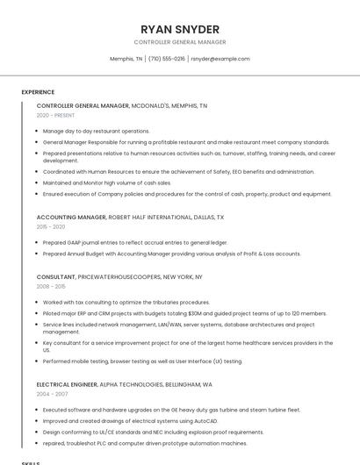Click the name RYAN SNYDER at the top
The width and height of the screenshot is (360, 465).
click(x=180, y=29)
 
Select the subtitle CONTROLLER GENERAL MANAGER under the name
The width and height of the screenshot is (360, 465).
click(x=180, y=42)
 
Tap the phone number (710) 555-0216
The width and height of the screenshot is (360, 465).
click(x=167, y=59)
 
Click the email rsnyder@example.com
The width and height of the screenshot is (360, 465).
click(x=220, y=59)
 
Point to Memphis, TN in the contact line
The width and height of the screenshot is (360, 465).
click(x=126, y=59)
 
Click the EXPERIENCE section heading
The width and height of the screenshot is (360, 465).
click(x=38, y=92)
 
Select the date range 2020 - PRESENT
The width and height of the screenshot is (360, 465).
click(x=55, y=115)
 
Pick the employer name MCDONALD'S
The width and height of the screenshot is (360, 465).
click(x=153, y=105)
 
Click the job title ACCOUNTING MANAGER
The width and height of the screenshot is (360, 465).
click(x=71, y=217)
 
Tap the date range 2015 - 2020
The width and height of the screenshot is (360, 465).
click(x=51, y=226)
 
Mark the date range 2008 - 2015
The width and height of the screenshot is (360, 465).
click(x=51, y=286)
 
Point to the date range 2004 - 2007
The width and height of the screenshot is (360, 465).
click(x=51, y=394)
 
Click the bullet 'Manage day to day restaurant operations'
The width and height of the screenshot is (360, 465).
click(x=96, y=131)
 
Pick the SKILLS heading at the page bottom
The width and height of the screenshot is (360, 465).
click(x=31, y=461)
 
